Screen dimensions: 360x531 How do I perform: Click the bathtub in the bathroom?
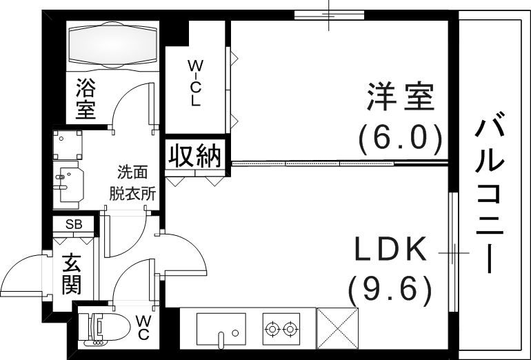click(112, 46)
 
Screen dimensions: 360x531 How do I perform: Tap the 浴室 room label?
click(86, 99)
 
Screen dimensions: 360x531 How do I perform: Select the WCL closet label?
click(195, 83)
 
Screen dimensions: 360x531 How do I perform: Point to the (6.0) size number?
click(400, 138)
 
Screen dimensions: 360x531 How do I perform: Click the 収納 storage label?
click(196, 156)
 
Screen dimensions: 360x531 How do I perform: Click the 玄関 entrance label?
click(71, 273)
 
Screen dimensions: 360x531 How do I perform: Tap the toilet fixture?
click(106, 329)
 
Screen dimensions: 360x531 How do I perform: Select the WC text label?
click(144, 328)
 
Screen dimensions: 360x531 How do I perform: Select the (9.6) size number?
click(390, 290)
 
